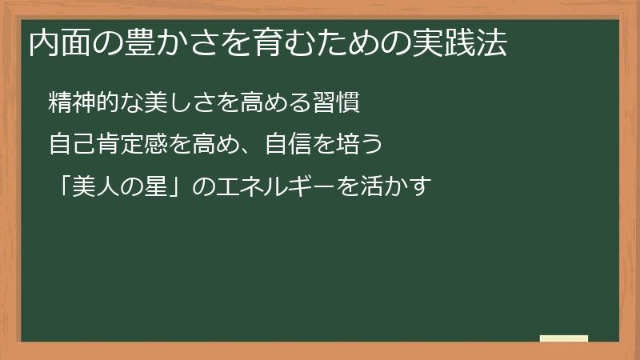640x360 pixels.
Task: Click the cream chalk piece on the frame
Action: click(564, 338)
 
